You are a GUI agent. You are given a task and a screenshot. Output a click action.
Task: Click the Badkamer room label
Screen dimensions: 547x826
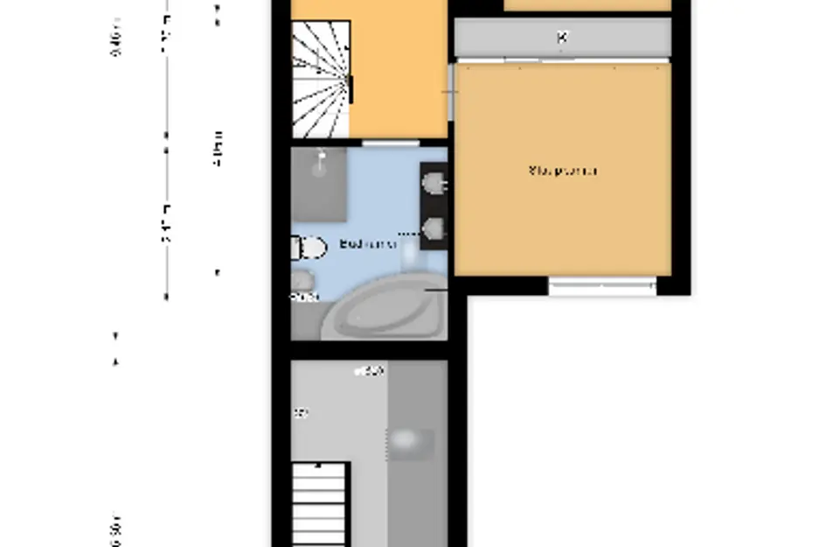tap(367, 245)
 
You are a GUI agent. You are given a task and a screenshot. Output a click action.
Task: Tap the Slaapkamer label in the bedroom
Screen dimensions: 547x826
tap(563, 171)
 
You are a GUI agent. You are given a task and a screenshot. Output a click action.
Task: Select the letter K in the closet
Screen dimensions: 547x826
tap(562, 38)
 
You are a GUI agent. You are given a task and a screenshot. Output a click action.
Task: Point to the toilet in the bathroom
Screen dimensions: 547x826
tap(306, 249)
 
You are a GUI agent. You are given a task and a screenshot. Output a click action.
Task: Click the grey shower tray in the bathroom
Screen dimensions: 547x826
tap(319, 184)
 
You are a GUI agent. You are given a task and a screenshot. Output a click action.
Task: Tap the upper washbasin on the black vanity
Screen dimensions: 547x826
tap(434, 183)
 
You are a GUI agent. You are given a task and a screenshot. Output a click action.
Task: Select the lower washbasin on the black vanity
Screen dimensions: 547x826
tap(434, 229)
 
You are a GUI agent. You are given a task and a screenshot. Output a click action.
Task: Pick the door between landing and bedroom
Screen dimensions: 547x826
tap(451, 91)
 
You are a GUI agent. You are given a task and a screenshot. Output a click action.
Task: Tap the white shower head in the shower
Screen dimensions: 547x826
tap(323, 160)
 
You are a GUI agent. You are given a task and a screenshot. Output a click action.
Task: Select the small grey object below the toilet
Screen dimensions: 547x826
tap(302, 279)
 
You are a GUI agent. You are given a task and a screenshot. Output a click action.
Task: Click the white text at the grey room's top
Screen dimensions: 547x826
tap(369, 372)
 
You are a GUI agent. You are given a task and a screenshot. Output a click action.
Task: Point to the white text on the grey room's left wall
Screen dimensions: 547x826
tap(301, 413)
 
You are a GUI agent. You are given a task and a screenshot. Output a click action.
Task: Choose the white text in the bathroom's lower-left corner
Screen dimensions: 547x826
tap(304, 298)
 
